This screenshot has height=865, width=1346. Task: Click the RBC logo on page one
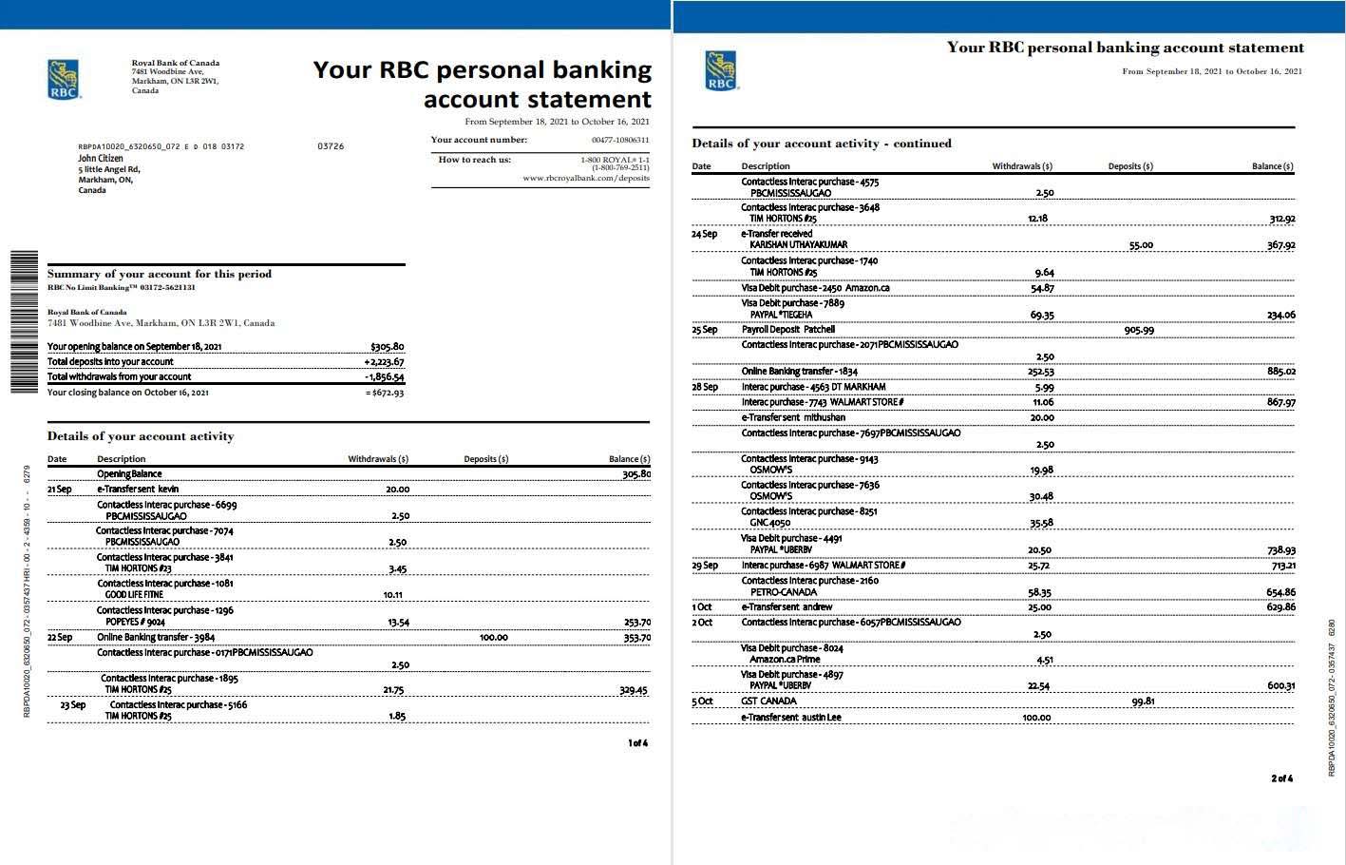(64, 79)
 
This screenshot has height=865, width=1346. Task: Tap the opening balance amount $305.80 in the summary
(387, 347)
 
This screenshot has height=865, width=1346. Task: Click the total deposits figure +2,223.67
(384, 362)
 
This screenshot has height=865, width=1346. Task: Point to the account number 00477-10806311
(620, 140)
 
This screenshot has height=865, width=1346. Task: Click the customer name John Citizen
(101, 159)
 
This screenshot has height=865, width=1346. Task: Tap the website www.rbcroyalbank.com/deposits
(585, 178)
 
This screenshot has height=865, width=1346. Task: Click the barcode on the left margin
(24, 321)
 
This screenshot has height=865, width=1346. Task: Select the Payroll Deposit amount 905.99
(1139, 330)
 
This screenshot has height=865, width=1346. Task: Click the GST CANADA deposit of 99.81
(1143, 702)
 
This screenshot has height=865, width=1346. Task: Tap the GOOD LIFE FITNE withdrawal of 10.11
(392, 595)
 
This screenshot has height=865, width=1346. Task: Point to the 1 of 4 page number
(637, 743)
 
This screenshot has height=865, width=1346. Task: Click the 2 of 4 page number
(1281, 778)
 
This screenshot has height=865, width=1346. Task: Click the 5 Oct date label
(702, 702)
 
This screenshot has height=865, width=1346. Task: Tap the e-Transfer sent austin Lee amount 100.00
(1036, 718)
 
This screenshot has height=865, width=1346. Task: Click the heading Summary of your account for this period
(160, 274)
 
